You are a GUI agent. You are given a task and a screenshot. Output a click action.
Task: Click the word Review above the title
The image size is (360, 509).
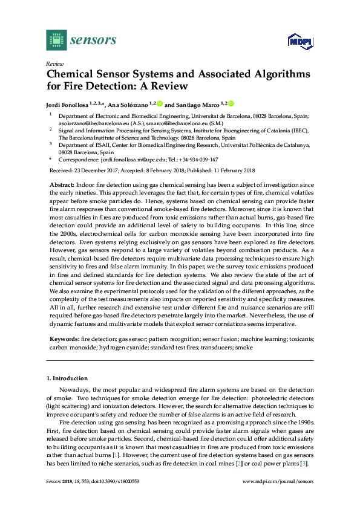[x=54, y=63]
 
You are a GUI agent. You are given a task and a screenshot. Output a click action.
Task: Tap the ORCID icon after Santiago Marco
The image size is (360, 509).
[x=231, y=103]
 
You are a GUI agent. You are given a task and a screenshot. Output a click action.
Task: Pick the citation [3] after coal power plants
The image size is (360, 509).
[x=306, y=463]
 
